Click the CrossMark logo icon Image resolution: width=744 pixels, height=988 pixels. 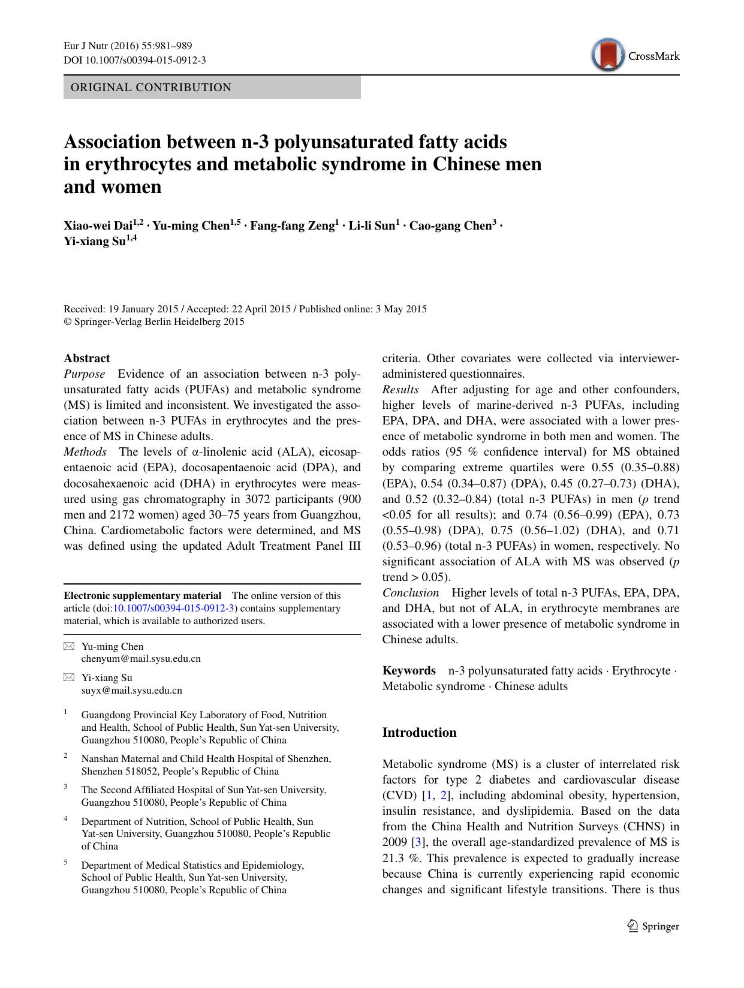(607, 55)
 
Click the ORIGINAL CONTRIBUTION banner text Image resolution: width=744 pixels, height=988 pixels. (151, 88)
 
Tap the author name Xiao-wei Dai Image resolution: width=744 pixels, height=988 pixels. (98, 226)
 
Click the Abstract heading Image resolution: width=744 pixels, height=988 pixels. (87, 359)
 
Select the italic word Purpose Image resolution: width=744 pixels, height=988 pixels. (84, 374)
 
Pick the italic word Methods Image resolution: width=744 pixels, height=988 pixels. (85, 452)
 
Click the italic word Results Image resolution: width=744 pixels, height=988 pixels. (400, 390)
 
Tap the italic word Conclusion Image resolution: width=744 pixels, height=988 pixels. (411, 592)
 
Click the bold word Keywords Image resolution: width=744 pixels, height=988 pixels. (409, 670)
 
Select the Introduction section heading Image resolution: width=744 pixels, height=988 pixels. (419, 733)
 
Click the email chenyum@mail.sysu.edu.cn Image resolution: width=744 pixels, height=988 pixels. (141, 658)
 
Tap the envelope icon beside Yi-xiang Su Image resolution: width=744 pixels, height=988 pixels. (70, 677)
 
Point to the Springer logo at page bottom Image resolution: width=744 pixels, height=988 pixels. (652, 926)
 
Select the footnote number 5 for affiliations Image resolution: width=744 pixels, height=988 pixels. (66, 863)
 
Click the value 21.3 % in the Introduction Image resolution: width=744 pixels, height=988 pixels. (396, 858)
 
